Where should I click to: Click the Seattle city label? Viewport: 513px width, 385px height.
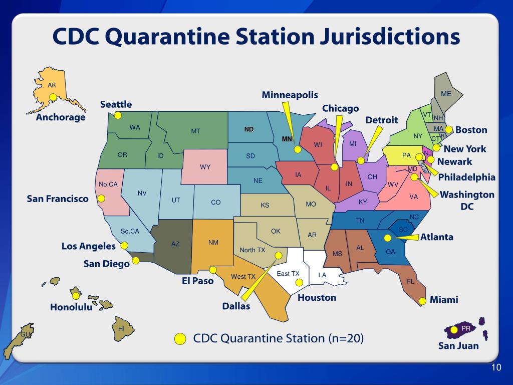pos(116,104)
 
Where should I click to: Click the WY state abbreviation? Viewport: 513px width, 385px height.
pos(205,167)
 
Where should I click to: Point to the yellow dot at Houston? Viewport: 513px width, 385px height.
pos(299,282)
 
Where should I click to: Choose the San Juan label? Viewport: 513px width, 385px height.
pos(458,345)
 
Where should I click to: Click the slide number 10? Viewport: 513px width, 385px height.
pos(495,368)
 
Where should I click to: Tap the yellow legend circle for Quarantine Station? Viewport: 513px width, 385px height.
pos(180,339)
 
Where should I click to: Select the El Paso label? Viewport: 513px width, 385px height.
pos(197,281)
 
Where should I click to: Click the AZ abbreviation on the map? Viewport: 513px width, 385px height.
pos(175,244)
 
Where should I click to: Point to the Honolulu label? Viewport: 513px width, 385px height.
pos(71,307)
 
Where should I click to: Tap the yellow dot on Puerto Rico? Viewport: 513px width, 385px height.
pos(453,329)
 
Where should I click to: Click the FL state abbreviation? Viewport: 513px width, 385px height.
pos(410,281)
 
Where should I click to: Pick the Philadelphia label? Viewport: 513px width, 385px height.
pos(466,177)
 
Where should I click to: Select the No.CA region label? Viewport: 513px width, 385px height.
pos(108,184)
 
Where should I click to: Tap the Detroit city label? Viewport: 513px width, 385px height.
pos(381,120)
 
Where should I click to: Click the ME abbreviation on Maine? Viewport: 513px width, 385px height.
pos(446,94)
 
